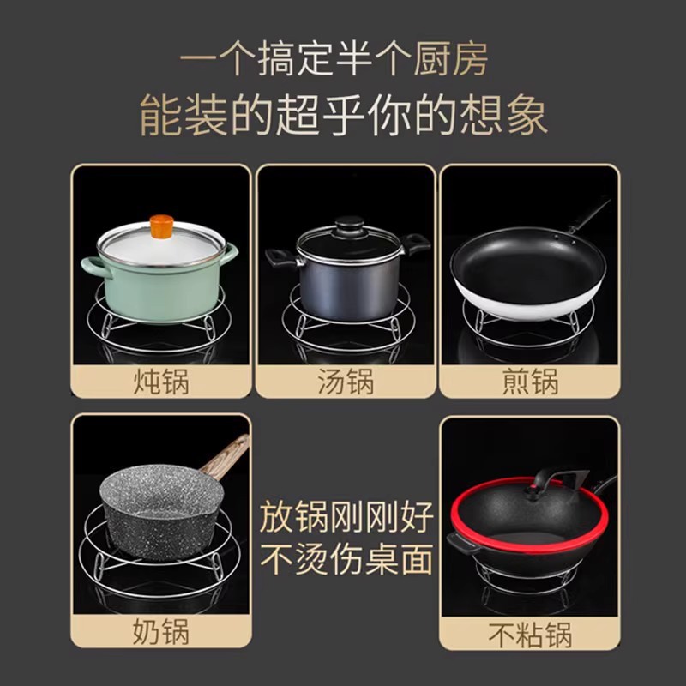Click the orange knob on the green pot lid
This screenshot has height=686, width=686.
[160, 227]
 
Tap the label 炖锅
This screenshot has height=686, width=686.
[160, 380]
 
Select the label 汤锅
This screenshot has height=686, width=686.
[345, 380]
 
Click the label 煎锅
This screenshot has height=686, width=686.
[529, 380]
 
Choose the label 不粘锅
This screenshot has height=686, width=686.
[529, 635]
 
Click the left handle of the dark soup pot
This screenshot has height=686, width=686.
[280, 256]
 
